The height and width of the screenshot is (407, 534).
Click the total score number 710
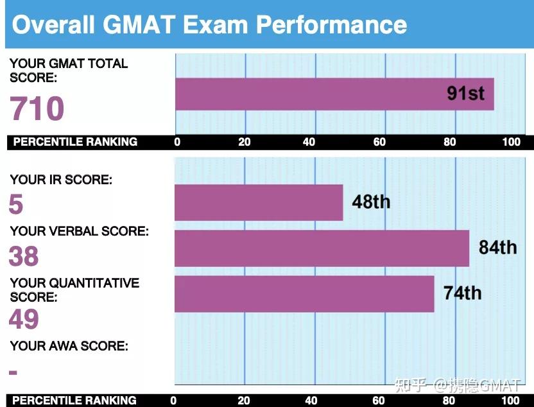pos(37,108)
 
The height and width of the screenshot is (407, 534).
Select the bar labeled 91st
pos(334,94)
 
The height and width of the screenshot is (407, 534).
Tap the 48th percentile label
pos(370,202)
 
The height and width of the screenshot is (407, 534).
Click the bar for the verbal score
pos(322,248)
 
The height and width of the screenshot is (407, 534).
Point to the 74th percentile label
pos(462,293)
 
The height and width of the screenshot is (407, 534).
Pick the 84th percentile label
pos(497,247)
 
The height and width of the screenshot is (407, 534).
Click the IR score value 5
pos(16,205)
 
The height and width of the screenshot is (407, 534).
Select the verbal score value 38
pos(24,256)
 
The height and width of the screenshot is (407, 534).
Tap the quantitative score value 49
pos(24,319)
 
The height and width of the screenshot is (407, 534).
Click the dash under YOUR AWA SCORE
pos(13,372)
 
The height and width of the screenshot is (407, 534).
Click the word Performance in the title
pos(331,25)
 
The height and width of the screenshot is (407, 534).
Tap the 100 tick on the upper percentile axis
pos(512,142)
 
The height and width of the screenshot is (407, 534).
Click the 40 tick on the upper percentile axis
pos(309,142)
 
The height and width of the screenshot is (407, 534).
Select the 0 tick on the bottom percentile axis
pos(173,401)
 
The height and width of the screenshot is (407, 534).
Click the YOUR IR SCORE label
pos(61,180)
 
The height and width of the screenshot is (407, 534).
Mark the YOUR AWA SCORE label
pos(69,346)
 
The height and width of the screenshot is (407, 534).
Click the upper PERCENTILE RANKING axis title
pos(75,142)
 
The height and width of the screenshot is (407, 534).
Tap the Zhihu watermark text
pos(458,385)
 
